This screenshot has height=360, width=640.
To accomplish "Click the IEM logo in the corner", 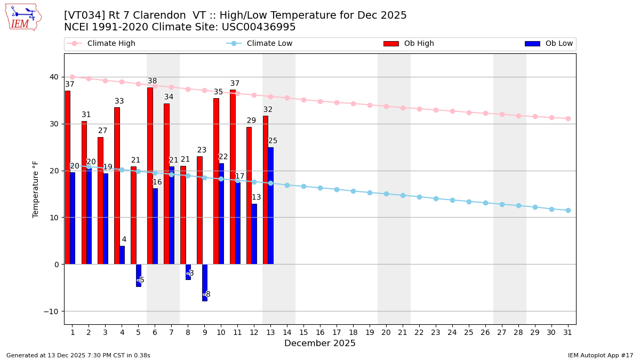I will [23, 17].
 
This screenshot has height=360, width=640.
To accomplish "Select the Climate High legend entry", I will [111, 44].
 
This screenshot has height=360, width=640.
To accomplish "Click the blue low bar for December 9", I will [205, 282].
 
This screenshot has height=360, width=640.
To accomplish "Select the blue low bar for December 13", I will [270, 205].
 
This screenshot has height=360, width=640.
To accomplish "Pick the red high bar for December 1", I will [67, 177].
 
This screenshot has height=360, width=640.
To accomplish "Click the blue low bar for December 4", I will [122, 255].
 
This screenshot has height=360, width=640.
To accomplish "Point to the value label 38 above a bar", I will [153, 81].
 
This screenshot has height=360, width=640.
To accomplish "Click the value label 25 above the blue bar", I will [273, 141].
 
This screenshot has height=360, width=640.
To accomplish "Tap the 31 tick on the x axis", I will [567, 332].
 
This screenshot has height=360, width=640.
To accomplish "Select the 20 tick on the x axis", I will [386, 332].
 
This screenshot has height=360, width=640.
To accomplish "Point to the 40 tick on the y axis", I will [54, 77].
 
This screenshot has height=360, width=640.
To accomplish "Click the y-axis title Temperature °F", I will [36, 189].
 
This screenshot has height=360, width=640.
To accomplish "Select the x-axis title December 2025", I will [320, 343].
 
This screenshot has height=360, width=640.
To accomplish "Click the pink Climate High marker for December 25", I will [469, 113].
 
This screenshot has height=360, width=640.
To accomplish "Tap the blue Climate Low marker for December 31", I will [568, 210].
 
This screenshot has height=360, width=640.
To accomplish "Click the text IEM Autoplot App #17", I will [601, 355].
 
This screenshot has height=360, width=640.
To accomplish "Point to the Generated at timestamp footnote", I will [78, 355].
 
